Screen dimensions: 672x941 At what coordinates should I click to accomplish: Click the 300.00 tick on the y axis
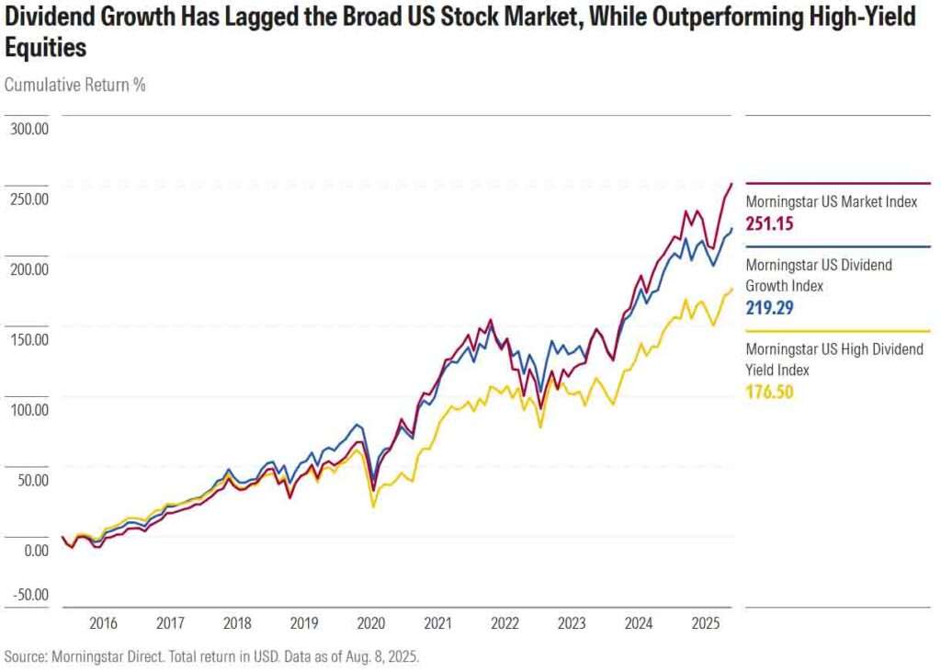28,129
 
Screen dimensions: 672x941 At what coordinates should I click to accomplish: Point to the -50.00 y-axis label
28,594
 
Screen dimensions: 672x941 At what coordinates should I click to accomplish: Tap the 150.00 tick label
28,339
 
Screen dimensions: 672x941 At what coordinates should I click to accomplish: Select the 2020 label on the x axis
370,623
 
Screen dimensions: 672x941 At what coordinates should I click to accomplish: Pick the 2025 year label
705,623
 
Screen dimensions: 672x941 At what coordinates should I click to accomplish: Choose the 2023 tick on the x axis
572,623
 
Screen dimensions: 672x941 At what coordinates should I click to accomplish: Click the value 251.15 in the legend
769,223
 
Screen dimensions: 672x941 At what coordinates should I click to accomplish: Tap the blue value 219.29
769,308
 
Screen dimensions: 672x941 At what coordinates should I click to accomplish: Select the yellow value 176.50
769,393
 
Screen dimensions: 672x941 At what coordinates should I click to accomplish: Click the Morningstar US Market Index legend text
832,201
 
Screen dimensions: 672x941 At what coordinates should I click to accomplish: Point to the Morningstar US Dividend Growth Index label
819,275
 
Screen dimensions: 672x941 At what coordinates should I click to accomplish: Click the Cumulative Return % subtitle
75,85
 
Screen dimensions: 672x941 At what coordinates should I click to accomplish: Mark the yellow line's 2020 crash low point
372,507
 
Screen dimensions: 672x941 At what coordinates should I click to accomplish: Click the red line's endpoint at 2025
731,183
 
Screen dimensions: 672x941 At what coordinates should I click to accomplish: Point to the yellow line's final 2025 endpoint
731,290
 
